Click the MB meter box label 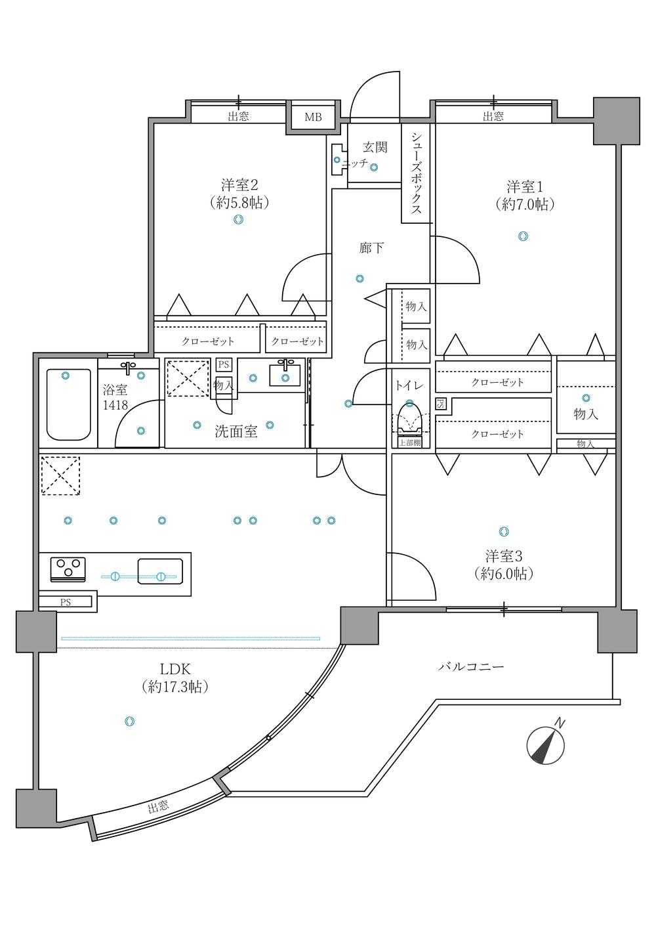[313, 117]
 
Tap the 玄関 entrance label [375, 147]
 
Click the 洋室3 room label [504, 555]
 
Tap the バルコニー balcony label [471, 667]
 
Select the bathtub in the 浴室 [69, 405]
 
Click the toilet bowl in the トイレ [409, 420]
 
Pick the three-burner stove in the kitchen [68, 569]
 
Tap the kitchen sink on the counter [160, 571]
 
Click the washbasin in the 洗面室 [285, 375]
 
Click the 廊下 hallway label [371, 248]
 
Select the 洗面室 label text [236, 432]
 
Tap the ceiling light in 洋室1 [523, 236]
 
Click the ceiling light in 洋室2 [238, 219]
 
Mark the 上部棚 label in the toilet [410, 443]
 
